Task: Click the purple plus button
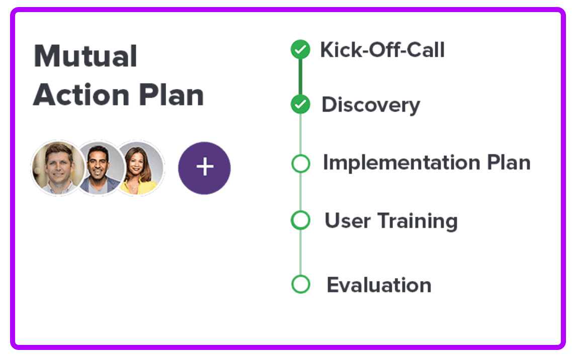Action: (204, 167)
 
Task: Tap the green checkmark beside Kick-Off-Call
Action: (300, 49)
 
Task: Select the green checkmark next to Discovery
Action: (300, 105)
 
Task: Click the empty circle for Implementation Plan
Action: (301, 163)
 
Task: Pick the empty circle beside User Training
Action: (301, 220)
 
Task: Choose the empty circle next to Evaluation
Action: (301, 284)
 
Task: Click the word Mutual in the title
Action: (86, 56)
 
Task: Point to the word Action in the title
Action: (80, 95)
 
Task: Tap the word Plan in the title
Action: (172, 95)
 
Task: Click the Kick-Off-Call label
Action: (382, 50)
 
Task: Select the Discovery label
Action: (371, 105)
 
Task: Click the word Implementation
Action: (401, 163)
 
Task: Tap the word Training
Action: (418, 221)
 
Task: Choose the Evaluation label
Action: (379, 285)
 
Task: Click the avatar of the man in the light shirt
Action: (58, 167)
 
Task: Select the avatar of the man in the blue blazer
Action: (100, 167)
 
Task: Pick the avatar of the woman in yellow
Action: (140, 167)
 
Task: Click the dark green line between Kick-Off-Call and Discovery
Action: (300, 77)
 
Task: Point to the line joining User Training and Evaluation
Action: (301, 252)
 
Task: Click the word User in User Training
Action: (348, 221)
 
